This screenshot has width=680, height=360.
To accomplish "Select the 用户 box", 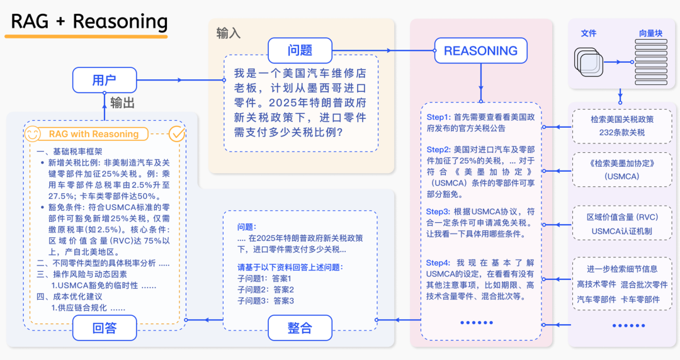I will [x=104, y=80].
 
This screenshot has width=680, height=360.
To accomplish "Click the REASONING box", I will [x=480, y=51].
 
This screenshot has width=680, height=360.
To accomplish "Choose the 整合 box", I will [x=300, y=327].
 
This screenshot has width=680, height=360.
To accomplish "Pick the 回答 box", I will [x=105, y=327].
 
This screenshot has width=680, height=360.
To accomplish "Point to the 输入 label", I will [x=229, y=33].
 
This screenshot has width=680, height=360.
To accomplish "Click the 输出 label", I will [x=123, y=103].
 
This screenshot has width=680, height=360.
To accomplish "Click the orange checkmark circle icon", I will [x=178, y=133].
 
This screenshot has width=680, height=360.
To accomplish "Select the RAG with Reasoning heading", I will [x=94, y=134].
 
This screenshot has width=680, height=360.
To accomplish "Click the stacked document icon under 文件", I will [x=589, y=61].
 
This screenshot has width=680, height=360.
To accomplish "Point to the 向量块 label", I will [x=650, y=33].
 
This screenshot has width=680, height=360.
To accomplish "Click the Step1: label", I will [x=439, y=117].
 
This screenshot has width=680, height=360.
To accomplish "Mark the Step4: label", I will [x=439, y=262].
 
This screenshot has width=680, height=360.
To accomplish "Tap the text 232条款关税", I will [x=622, y=132].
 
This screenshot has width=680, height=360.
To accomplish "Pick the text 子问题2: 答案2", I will [x=266, y=290].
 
